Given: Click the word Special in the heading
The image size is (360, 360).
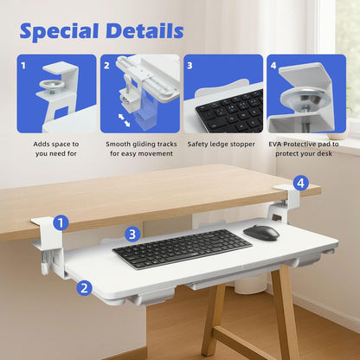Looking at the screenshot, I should pyautogui.click(x=61, y=32).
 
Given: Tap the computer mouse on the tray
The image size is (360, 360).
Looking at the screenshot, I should pyautogui.click(x=261, y=232).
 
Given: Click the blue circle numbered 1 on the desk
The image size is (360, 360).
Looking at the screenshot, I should pyautogui.click(x=60, y=222).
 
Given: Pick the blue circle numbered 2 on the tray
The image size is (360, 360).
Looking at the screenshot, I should pyautogui.click(x=84, y=288).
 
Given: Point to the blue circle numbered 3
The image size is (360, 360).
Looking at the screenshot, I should pyautogui.click(x=131, y=234).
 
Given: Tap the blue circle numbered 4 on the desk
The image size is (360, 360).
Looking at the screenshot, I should pyautogui.click(x=299, y=183).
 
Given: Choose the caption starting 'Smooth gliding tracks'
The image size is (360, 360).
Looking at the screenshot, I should pyautogui.click(x=139, y=148).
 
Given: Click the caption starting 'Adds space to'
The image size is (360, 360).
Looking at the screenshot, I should pyautogui.click(x=56, y=148).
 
